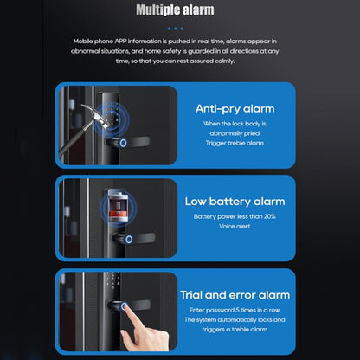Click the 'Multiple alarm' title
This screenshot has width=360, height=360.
pos(179,10)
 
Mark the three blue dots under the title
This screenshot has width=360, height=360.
pos(179,28)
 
